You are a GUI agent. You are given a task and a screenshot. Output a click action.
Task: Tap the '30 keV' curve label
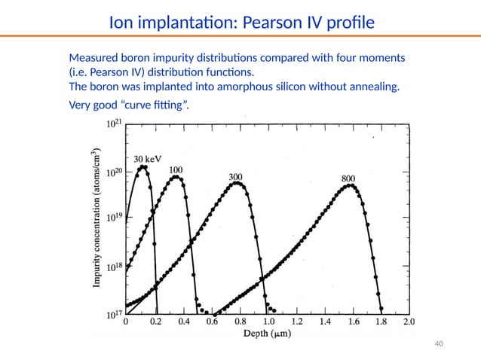pos(148,159)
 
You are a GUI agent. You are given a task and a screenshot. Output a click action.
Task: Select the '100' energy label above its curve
pos(176,170)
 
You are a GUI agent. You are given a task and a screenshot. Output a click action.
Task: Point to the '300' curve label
pos(236,177)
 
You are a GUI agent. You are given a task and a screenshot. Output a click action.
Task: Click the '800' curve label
pos(348,178)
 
